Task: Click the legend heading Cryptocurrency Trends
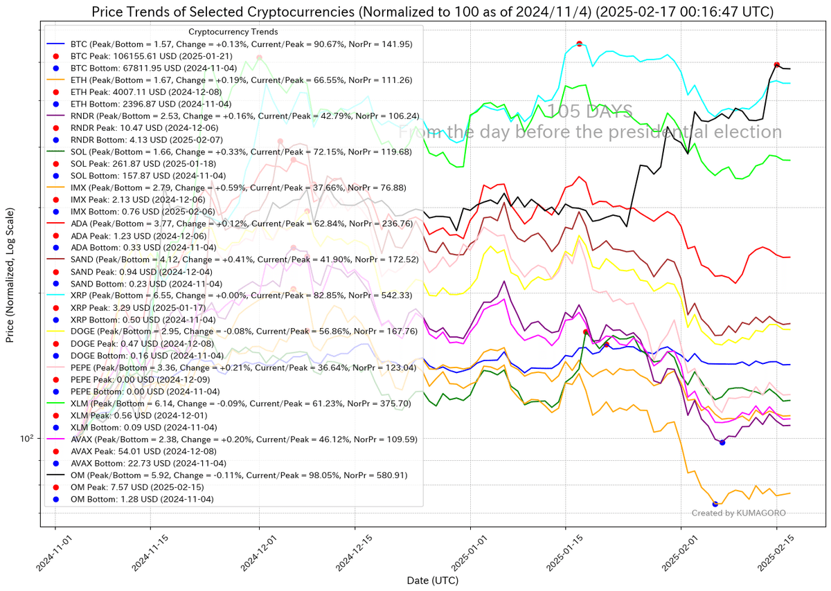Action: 233,32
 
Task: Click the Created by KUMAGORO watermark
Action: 738,513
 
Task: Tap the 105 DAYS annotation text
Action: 589,111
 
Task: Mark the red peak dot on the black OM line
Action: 777,64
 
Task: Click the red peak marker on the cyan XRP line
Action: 579,44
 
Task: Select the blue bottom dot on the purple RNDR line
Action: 722,442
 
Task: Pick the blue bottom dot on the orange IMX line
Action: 715,504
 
